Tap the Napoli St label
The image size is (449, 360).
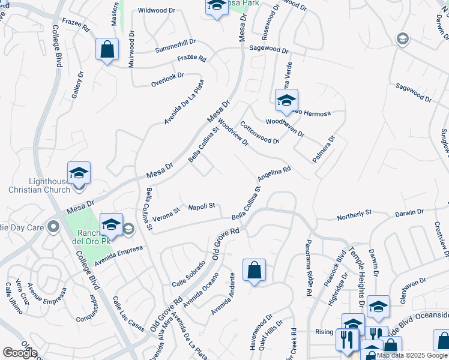tap(202, 207)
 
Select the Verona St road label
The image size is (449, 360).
tap(166, 213)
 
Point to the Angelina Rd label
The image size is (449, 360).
tap(274, 175)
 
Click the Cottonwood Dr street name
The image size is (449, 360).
tap(260, 133)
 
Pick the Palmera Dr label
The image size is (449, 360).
tap(323, 149)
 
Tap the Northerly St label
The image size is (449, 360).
tap(355, 213)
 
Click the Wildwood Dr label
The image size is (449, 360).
tap(155, 10)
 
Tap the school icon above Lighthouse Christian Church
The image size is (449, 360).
tap(79, 173)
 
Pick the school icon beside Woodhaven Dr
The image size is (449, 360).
tap(286, 100)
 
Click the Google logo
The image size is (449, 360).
tap(20, 353)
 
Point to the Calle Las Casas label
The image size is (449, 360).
tap(128, 314)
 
